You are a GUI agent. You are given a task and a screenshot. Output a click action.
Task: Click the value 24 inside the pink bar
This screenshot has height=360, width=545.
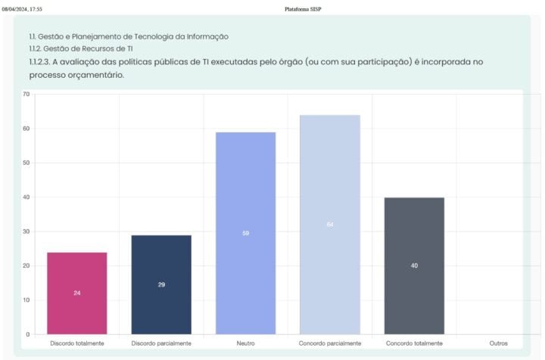tap(77, 293)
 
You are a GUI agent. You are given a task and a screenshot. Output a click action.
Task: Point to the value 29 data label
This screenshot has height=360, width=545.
tap(161, 284)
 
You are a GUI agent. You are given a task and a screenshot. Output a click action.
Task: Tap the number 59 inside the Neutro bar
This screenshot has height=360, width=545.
tap(245, 233)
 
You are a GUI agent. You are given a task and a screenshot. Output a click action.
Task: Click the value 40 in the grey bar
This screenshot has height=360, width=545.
tap(414, 265)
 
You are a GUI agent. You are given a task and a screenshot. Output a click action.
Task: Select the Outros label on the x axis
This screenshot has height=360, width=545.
tap(499, 343)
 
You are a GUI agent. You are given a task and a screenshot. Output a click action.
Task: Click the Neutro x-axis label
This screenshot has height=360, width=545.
tap(245, 343)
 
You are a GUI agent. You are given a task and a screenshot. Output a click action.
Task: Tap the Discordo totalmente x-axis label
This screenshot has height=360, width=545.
tap(77, 343)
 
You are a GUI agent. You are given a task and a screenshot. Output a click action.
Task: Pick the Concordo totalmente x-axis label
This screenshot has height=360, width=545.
tap(414, 343)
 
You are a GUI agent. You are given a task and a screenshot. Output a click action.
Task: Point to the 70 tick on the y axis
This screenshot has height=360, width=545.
tap(26, 95)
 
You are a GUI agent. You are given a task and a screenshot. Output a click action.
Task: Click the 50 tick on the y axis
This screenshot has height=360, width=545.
tap(26, 163)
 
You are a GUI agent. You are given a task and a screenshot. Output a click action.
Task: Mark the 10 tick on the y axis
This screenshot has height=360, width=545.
tap(26, 300)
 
